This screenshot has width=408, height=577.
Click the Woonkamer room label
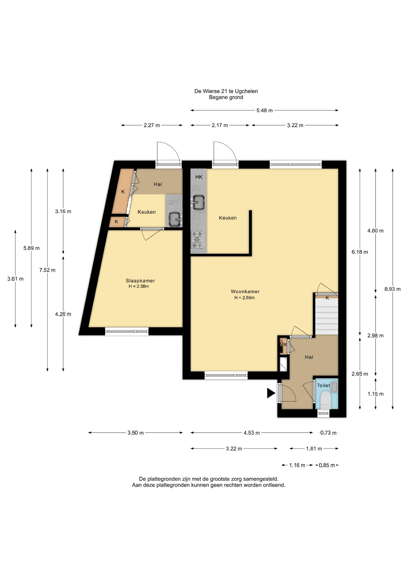tap(245, 291)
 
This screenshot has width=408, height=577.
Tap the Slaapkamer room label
tap(140, 281)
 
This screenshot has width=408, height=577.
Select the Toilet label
tap(323, 385)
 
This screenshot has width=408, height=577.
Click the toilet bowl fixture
tap(325, 400)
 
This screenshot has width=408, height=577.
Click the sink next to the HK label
tap(198, 202)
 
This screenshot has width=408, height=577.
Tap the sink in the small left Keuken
tap(175, 219)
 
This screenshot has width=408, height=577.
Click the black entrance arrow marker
tap(271, 393)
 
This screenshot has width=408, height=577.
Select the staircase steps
tap(326, 316)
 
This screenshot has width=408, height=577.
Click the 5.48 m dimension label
tap(264, 110)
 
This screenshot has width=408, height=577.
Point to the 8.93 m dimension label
tap(392, 289)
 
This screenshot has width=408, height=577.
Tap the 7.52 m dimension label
tap(47, 270)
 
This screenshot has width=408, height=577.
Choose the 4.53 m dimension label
tap(251, 433)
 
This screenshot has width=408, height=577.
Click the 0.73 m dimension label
tap(328, 433)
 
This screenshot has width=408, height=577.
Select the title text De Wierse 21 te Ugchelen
tap(226, 91)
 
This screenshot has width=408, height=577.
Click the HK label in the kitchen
tap(199, 177)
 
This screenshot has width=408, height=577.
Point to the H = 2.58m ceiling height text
tap(139, 286)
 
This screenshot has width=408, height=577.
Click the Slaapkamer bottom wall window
tap(127, 331)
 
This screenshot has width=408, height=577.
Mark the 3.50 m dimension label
tap(135, 433)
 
